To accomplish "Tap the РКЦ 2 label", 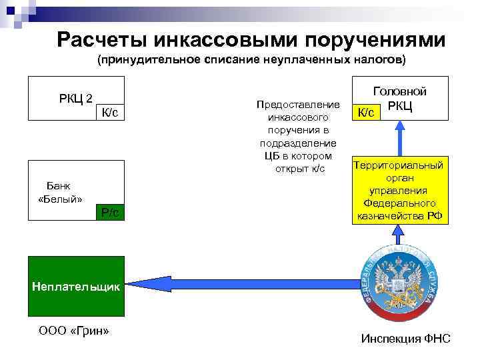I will click(75, 99).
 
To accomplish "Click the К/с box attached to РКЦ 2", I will click(109, 113).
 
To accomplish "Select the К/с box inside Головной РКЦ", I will click(366, 113).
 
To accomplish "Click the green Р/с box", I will click(109, 213).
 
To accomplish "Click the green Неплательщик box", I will click(76, 287).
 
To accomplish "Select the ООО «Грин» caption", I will click(74, 331).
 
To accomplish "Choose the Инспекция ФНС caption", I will click(405, 339).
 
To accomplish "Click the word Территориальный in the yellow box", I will click(399, 165).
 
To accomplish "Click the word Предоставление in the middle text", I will click(298, 105).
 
